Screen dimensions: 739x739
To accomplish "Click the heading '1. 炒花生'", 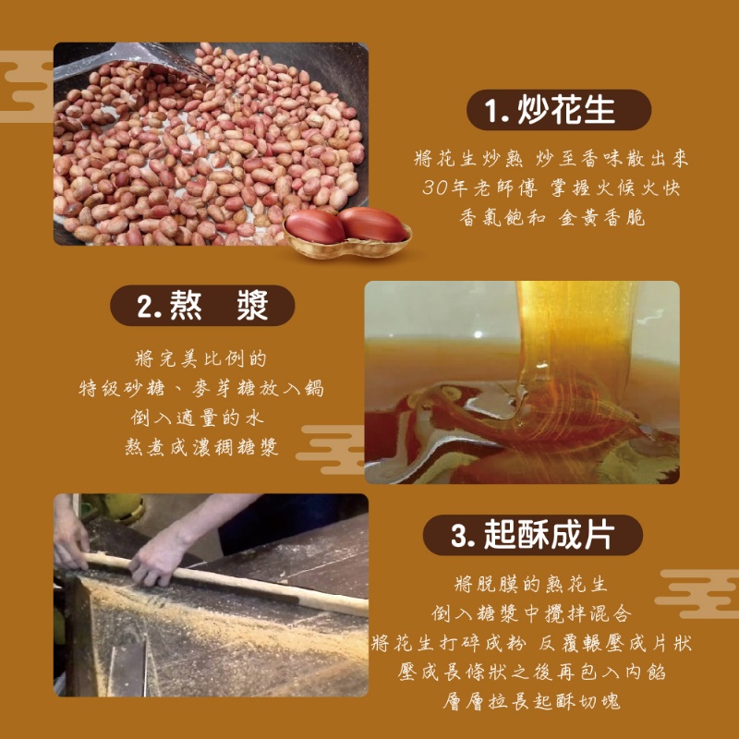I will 552,110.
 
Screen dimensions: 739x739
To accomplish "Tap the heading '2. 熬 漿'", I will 202,306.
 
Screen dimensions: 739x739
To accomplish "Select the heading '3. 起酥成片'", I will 533,534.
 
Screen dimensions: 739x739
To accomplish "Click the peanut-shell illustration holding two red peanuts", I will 346,231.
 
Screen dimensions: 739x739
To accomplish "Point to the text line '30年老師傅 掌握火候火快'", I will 551,188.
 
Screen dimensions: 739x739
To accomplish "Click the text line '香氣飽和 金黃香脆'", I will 551,218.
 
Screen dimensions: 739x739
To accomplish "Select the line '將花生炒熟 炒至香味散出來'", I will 551,159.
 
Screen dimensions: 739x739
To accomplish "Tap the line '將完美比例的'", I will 201,358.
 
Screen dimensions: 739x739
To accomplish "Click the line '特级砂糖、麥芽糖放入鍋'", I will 201,389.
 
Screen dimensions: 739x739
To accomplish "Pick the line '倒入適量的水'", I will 201,418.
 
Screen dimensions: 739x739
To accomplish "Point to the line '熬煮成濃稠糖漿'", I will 201,447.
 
